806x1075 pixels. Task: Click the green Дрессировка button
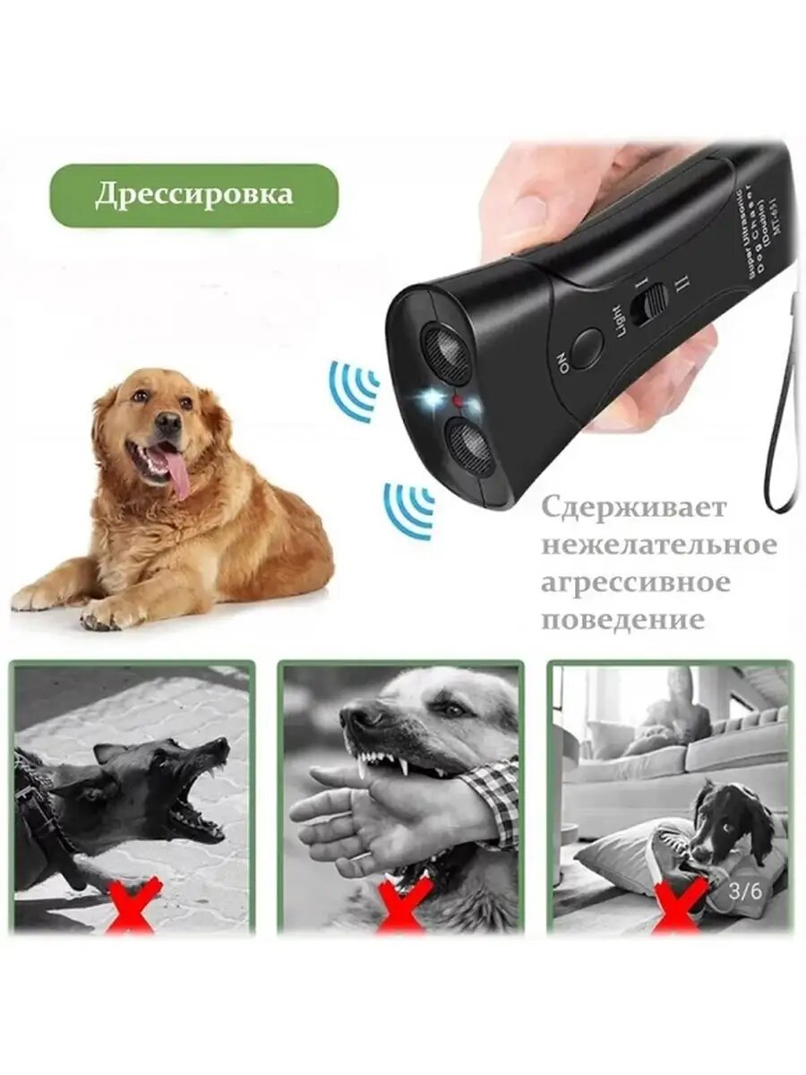pos(193,195)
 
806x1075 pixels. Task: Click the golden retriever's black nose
pos(167,420)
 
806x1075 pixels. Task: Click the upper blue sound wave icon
pos(356,389)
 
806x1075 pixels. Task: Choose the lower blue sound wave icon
pos(409,509)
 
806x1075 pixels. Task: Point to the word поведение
pos(622,620)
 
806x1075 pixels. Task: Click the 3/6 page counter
pos(745,890)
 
